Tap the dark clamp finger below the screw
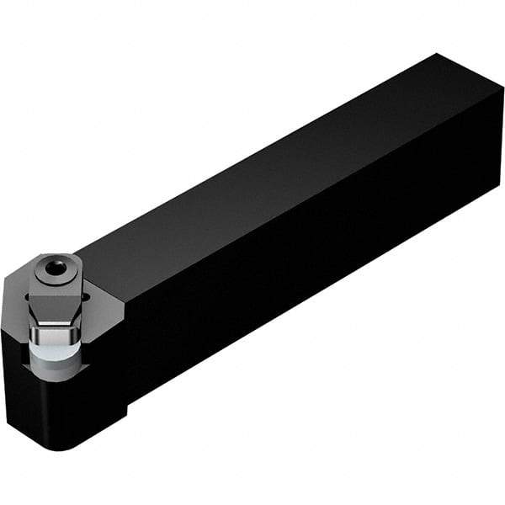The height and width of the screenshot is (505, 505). (x=55, y=303)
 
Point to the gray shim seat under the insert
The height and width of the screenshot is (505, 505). (x=59, y=371)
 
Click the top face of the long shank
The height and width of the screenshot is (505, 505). (x=278, y=168)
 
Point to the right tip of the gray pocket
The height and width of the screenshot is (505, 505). (x=123, y=311)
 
